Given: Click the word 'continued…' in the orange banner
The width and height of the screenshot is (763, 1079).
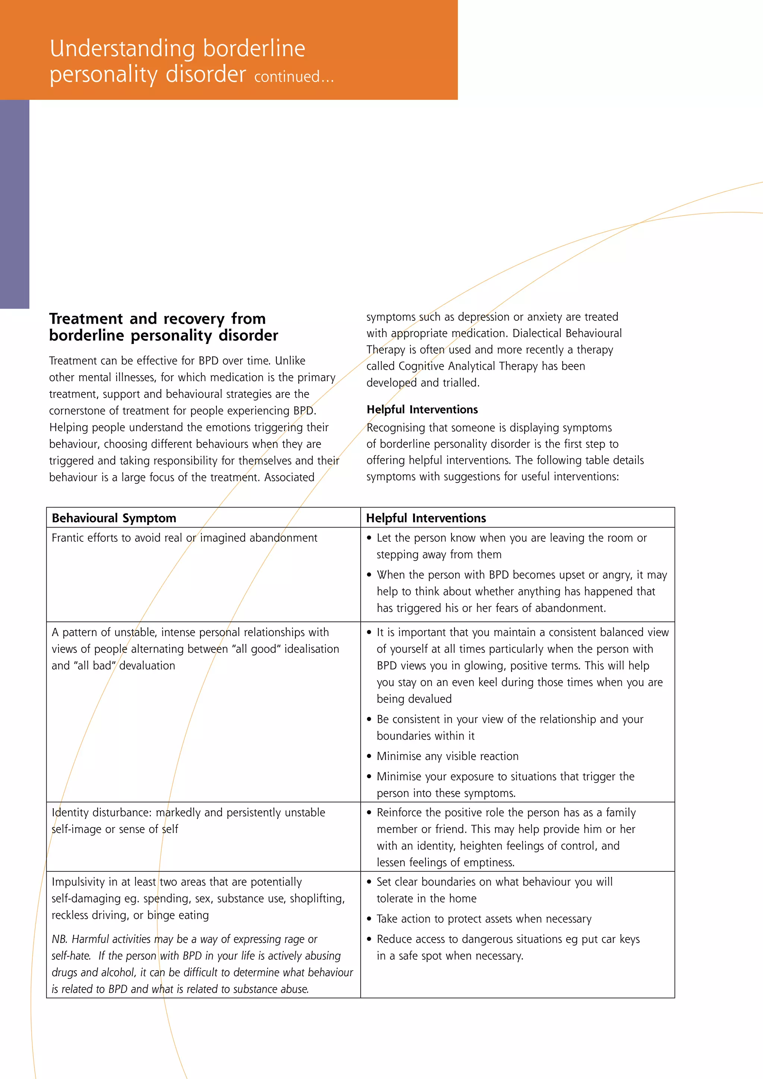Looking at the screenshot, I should click(294, 77).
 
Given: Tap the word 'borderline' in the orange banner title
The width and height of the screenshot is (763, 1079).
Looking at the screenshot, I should click(254, 49).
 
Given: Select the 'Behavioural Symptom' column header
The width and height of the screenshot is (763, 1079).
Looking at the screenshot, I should click(114, 518).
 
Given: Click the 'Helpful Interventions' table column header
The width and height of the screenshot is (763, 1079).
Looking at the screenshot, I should click(426, 518).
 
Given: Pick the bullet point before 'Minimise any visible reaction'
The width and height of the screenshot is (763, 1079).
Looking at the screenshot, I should click(369, 756).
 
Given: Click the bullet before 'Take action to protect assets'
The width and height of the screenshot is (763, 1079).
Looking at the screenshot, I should click(369, 919).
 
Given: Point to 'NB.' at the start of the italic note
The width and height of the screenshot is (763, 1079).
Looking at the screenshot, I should click(59, 939).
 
